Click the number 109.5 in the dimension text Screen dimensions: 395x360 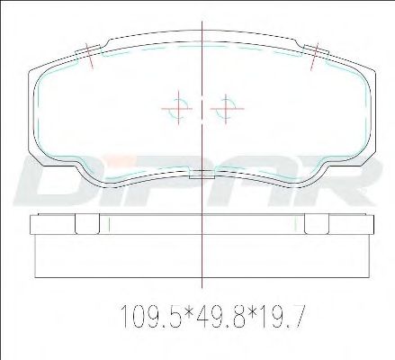(x=151, y=316)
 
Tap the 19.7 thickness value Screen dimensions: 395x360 (x=280, y=316)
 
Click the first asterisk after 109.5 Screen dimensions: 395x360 (x=189, y=312)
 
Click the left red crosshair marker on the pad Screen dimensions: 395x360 (x=178, y=108)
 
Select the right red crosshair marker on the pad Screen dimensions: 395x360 (x=226, y=108)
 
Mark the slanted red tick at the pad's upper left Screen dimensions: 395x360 (x=89, y=56)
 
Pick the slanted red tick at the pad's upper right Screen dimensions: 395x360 (x=314, y=56)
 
